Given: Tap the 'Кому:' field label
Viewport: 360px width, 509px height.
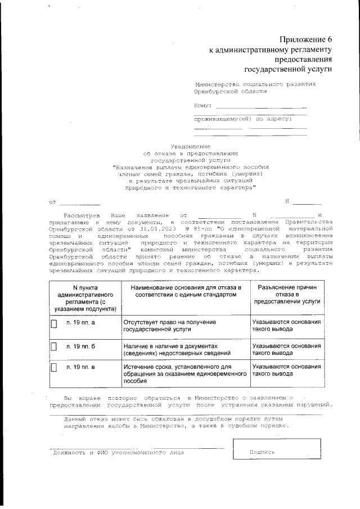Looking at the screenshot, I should coord(202,105).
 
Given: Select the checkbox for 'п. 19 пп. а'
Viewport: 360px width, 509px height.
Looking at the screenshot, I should coord(54,325).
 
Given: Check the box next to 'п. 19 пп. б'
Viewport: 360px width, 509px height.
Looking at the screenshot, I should coord(54,346).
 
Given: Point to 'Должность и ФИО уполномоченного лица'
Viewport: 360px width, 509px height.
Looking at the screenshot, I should coord(118,452).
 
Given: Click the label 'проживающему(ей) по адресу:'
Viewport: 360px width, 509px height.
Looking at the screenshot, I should coord(242,119).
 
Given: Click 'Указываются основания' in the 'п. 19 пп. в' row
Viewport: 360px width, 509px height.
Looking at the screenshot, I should coord(286,367).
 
